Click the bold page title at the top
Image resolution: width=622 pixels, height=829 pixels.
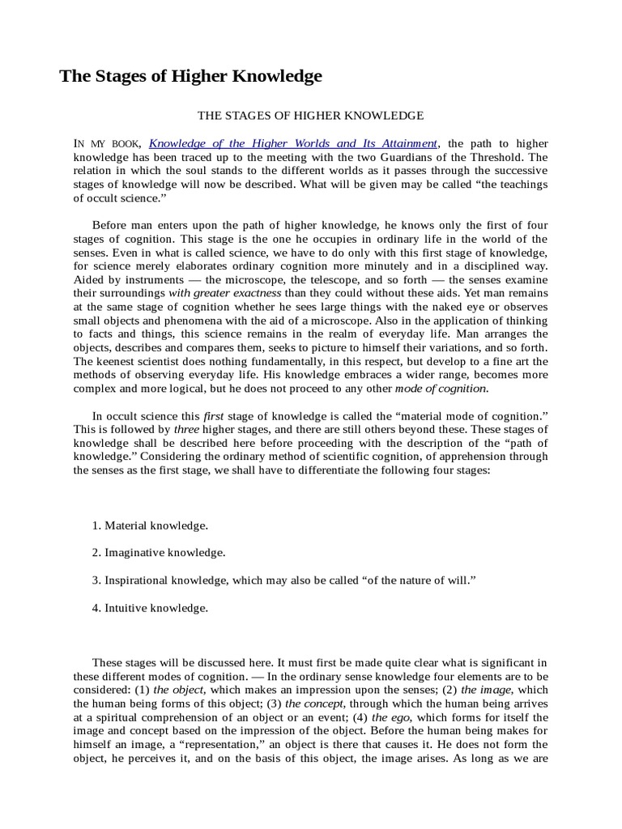191,76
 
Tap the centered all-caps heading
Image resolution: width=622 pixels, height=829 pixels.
311,116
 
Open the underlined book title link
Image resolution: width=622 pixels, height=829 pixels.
293,143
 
